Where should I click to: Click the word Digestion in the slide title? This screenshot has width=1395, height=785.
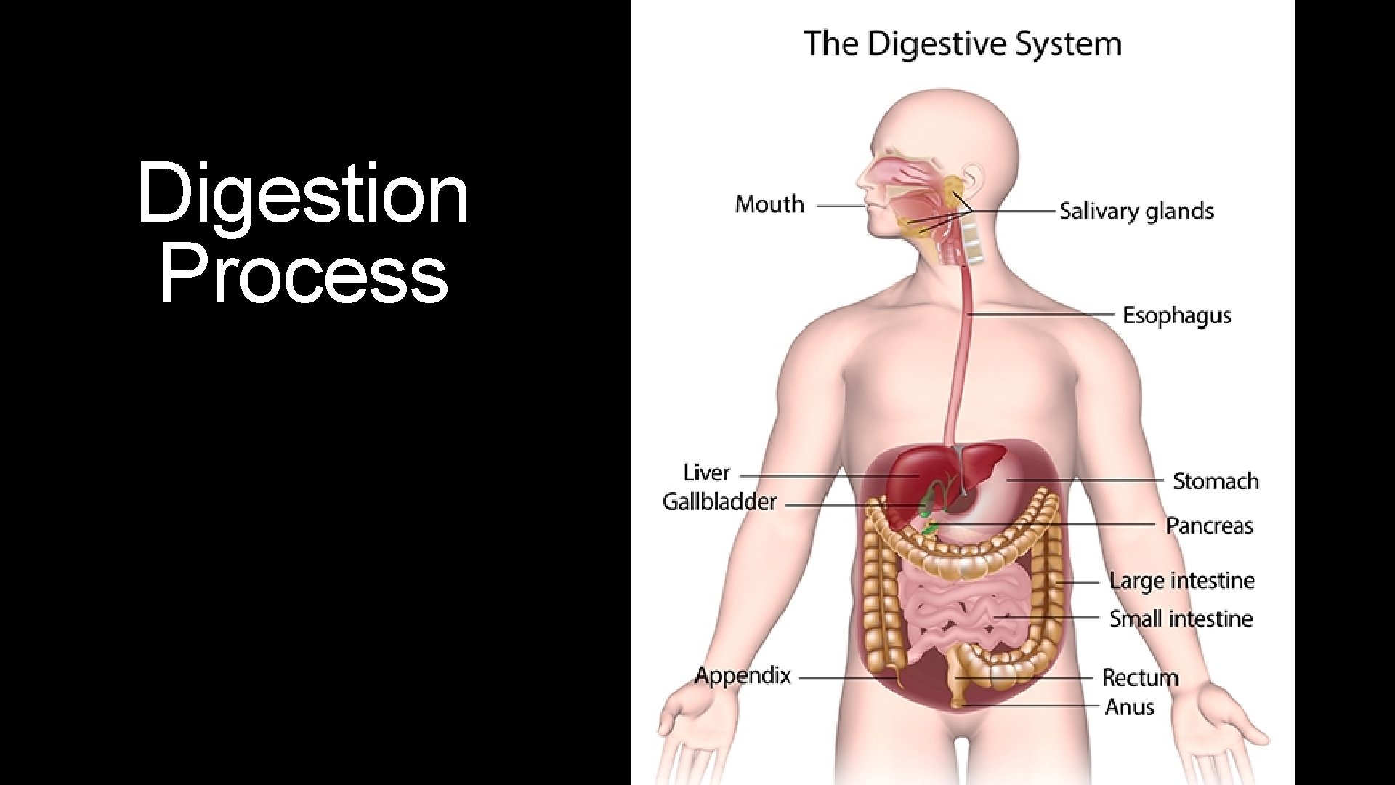(x=302, y=194)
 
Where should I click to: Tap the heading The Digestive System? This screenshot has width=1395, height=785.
(x=963, y=44)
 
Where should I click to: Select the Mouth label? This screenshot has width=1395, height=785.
(x=769, y=204)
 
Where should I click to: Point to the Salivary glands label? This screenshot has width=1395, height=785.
(x=1136, y=212)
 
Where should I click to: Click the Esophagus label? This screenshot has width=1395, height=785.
(x=1177, y=315)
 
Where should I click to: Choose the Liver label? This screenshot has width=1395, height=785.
(x=706, y=473)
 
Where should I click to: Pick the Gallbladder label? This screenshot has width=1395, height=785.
(x=719, y=502)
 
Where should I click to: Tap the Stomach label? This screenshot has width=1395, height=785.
(x=1216, y=481)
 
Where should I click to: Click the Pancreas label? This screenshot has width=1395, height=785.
(x=1209, y=526)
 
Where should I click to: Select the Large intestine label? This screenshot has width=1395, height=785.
(x=1181, y=581)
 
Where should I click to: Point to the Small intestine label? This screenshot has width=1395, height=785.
(x=1181, y=619)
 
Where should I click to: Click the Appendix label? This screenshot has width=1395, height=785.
(x=743, y=676)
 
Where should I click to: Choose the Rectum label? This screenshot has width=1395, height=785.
(x=1140, y=678)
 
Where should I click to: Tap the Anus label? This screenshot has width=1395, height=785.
(x=1129, y=706)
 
